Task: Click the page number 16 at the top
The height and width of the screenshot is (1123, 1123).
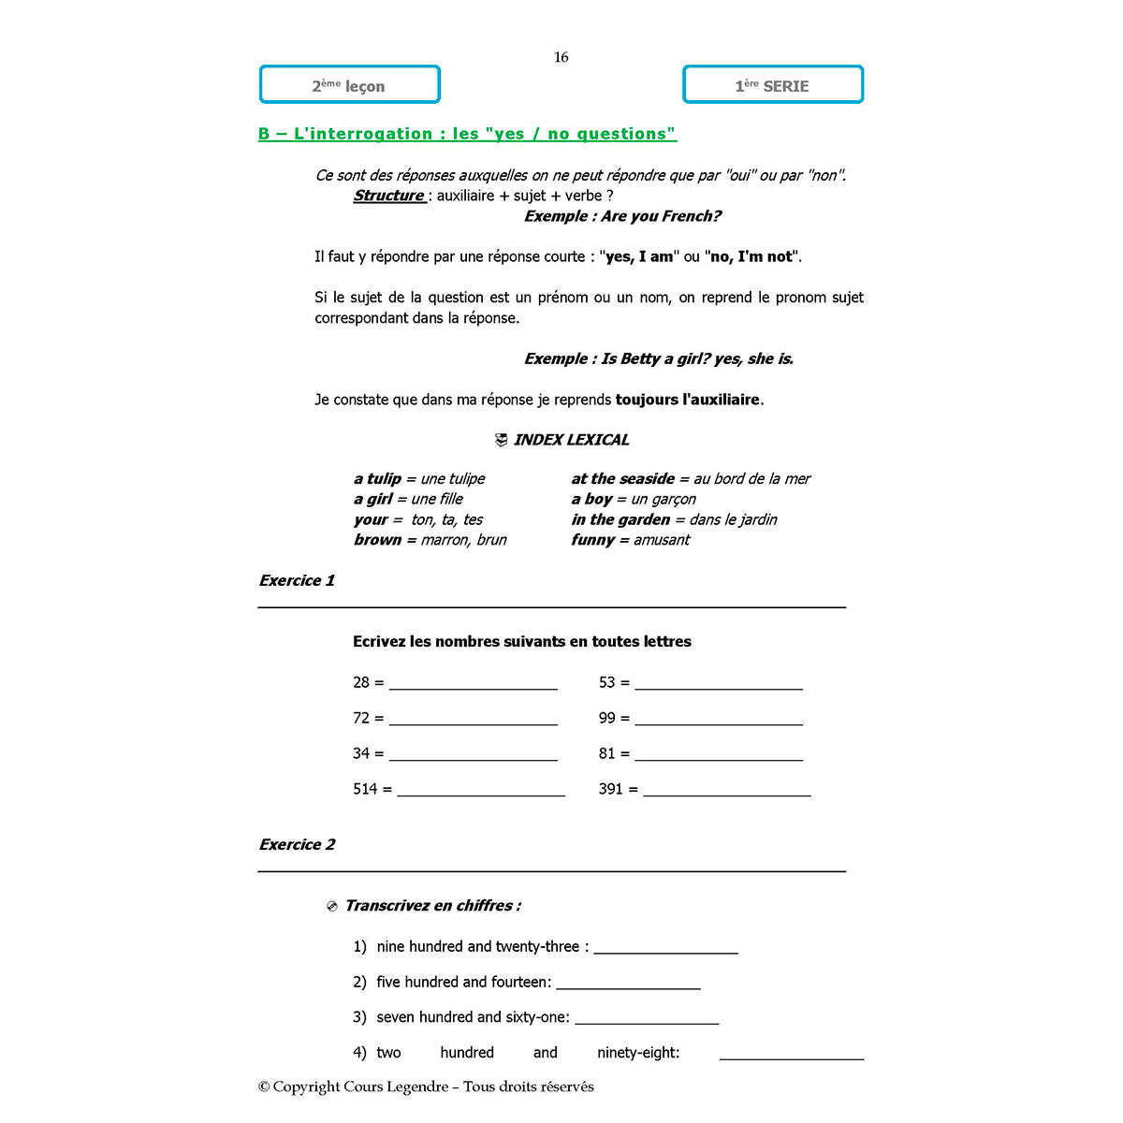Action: (x=561, y=57)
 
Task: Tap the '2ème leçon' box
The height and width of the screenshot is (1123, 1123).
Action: (x=349, y=85)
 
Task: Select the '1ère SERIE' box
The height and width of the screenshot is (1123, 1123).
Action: (x=772, y=85)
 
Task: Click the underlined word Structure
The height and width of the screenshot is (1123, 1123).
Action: (x=388, y=196)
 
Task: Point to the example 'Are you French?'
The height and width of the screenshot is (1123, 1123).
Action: (x=661, y=216)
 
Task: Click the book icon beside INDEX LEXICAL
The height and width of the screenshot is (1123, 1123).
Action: (x=501, y=440)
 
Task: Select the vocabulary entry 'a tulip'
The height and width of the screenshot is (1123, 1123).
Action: (x=377, y=478)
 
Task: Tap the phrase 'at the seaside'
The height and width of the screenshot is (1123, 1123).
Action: (x=622, y=478)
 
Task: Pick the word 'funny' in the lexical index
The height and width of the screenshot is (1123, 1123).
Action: (x=592, y=540)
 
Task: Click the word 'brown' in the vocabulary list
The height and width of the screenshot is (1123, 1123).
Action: (x=377, y=540)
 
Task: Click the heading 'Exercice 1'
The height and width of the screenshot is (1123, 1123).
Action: (x=297, y=580)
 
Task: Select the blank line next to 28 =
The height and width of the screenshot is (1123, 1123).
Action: (x=473, y=686)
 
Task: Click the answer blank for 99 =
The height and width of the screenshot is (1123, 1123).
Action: (x=719, y=722)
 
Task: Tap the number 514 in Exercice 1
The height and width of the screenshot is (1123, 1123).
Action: (x=365, y=789)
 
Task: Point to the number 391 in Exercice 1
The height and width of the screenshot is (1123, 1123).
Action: (x=610, y=789)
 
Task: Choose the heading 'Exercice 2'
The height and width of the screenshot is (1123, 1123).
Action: (x=297, y=844)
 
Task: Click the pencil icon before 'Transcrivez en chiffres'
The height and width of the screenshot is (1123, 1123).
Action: (x=331, y=907)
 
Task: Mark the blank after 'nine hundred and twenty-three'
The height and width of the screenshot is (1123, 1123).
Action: (x=665, y=950)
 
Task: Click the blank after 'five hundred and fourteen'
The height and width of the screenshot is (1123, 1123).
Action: (x=628, y=985)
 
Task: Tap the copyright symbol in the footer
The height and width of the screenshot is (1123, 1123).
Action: (x=264, y=1087)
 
